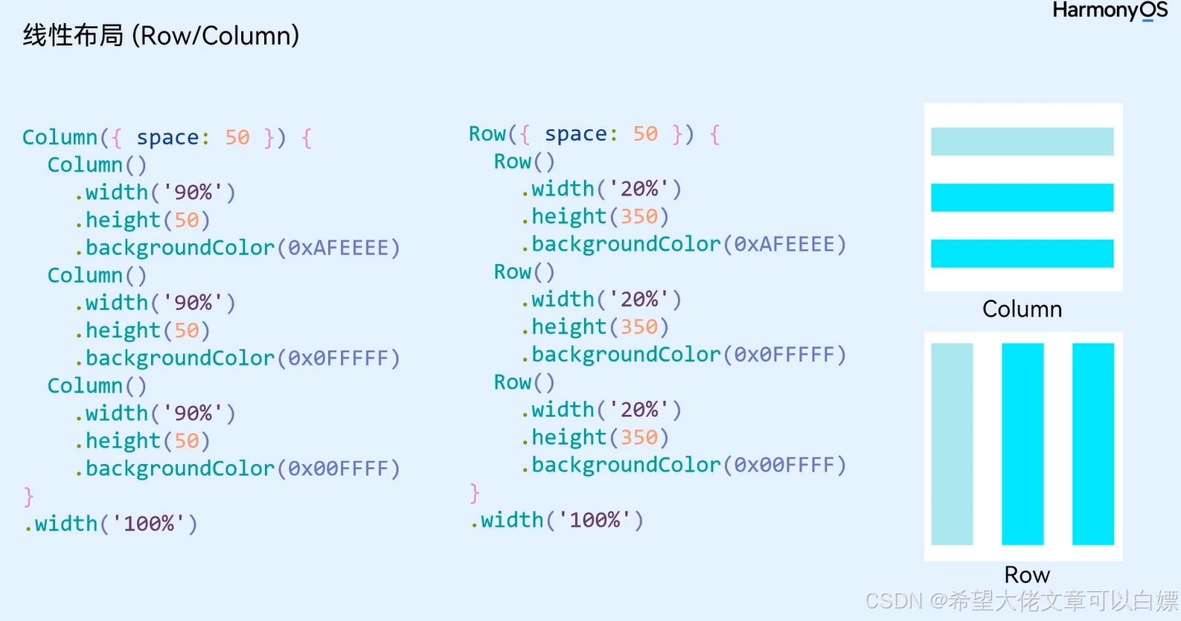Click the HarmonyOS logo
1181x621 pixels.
coord(1109,11)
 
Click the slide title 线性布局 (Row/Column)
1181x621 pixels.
coord(161,35)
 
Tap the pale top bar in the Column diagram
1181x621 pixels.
coord(1022,141)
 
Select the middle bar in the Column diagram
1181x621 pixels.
coord(1022,197)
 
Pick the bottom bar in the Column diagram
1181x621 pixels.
coord(1022,254)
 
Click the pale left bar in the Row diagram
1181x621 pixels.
coord(952,444)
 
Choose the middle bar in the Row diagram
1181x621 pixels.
coord(1022,444)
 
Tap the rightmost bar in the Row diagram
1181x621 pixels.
coord(1092,444)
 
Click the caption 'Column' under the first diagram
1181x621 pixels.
coord(1022,309)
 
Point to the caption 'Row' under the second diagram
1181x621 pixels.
coord(1027,574)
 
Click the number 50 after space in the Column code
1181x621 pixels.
coord(237,138)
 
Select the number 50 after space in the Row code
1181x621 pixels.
coord(645,134)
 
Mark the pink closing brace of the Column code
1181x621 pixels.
coord(28,496)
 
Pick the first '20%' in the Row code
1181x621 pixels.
coord(639,189)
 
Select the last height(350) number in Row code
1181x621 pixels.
coord(639,437)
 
